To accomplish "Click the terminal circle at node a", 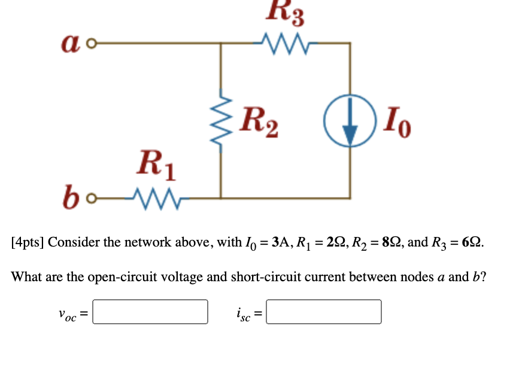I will [91, 44].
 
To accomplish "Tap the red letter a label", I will [71, 42].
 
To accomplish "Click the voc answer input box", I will [150, 312].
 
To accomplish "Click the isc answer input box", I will [323, 312].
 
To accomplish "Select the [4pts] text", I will [28, 243].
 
